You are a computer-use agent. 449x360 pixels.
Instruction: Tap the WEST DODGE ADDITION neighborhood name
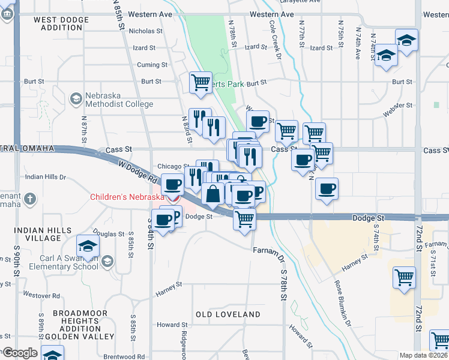(x=61, y=23)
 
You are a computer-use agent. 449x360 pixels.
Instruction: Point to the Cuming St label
(x=148, y=65)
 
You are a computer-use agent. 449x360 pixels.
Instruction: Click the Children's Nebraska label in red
(x=127, y=197)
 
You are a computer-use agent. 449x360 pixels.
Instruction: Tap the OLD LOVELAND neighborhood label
(x=228, y=314)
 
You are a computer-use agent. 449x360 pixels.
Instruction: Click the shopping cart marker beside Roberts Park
(x=200, y=83)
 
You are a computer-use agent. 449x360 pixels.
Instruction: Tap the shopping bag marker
(x=213, y=194)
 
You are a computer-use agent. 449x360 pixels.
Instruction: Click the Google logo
(x=19, y=353)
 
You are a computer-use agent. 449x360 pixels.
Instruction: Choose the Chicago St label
(x=173, y=166)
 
